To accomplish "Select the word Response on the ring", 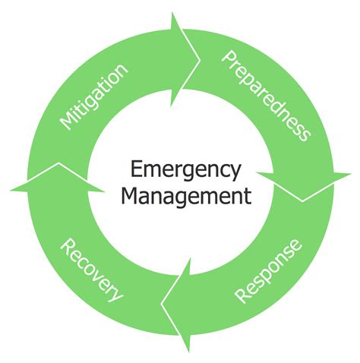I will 267,270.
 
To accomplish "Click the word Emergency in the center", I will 180,169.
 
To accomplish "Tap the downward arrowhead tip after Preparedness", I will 304,200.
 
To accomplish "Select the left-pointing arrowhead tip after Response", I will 160,304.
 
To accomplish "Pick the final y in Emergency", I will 235,172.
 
